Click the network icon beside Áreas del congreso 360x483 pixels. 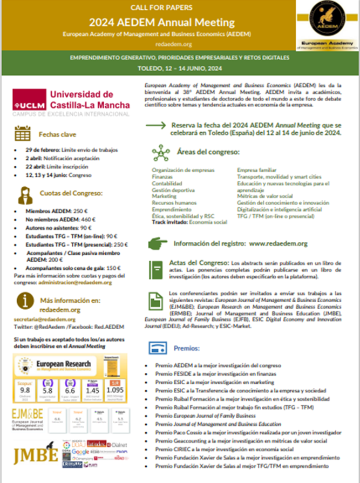click(160, 153)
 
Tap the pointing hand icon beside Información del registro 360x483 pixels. click(160, 243)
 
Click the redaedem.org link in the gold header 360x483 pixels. click(180, 44)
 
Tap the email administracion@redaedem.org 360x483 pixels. click(78, 282)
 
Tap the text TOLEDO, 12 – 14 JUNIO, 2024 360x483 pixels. click(180, 69)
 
